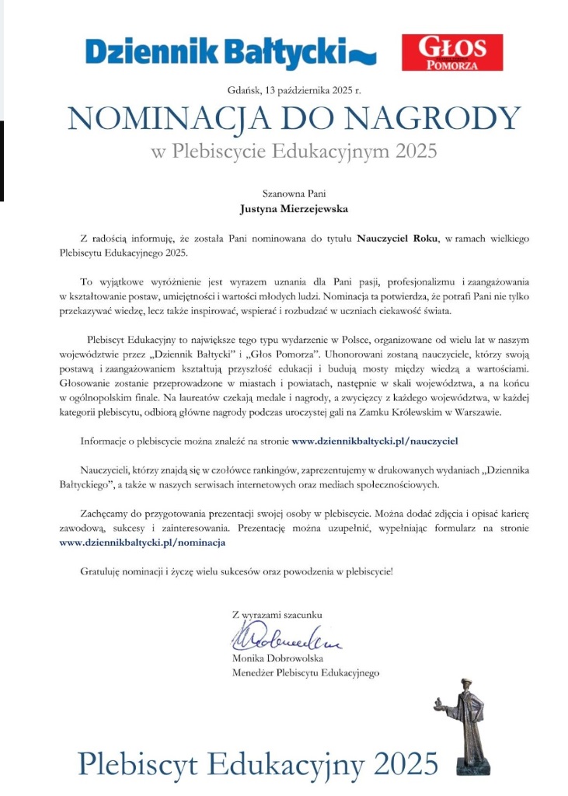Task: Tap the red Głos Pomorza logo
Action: (x=452, y=52)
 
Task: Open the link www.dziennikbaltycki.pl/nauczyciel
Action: (x=375, y=441)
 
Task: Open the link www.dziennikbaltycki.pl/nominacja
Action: (x=142, y=543)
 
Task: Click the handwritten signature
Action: (x=286, y=639)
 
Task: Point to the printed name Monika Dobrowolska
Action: (x=277, y=658)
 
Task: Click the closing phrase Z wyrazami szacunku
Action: (x=277, y=614)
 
